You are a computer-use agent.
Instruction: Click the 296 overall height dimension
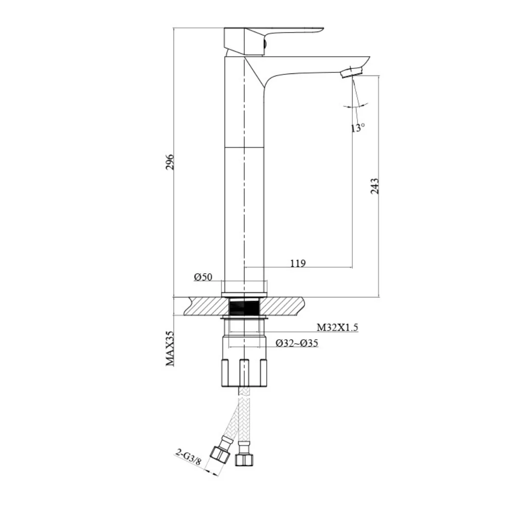(170, 162)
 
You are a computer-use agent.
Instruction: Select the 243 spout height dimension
(375, 187)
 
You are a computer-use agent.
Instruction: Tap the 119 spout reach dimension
(297, 263)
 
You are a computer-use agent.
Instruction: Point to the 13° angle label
(358, 127)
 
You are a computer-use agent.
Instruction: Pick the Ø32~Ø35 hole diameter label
(297, 343)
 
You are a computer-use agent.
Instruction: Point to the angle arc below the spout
(355, 106)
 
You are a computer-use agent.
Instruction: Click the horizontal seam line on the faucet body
(245, 147)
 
